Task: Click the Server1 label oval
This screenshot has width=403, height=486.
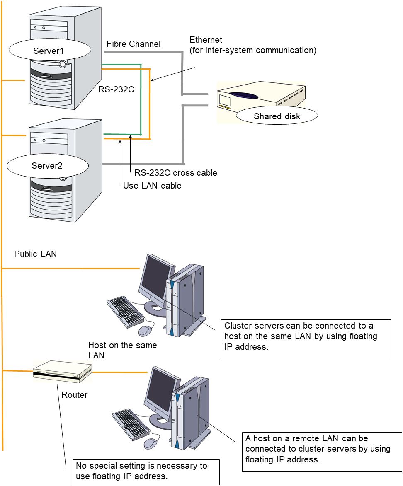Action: (x=49, y=51)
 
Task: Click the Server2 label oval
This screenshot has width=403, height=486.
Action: (x=48, y=166)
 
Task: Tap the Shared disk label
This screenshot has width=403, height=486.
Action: (x=277, y=116)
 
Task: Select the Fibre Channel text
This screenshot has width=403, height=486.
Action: (x=133, y=44)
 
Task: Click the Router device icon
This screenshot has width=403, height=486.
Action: (x=63, y=371)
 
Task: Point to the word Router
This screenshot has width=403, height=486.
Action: (x=75, y=395)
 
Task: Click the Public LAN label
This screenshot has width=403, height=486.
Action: (x=35, y=254)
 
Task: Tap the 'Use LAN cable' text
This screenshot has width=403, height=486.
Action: (x=152, y=186)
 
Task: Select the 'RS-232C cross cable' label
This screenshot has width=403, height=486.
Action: (x=175, y=173)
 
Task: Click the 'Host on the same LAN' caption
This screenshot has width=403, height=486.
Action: (x=122, y=350)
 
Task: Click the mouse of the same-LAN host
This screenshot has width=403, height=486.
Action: (x=145, y=330)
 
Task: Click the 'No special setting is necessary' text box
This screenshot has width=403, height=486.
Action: (x=146, y=471)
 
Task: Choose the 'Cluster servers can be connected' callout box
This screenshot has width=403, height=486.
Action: (x=306, y=338)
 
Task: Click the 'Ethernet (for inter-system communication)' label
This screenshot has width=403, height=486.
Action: (x=253, y=45)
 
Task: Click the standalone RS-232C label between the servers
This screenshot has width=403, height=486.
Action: (x=116, y=89)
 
